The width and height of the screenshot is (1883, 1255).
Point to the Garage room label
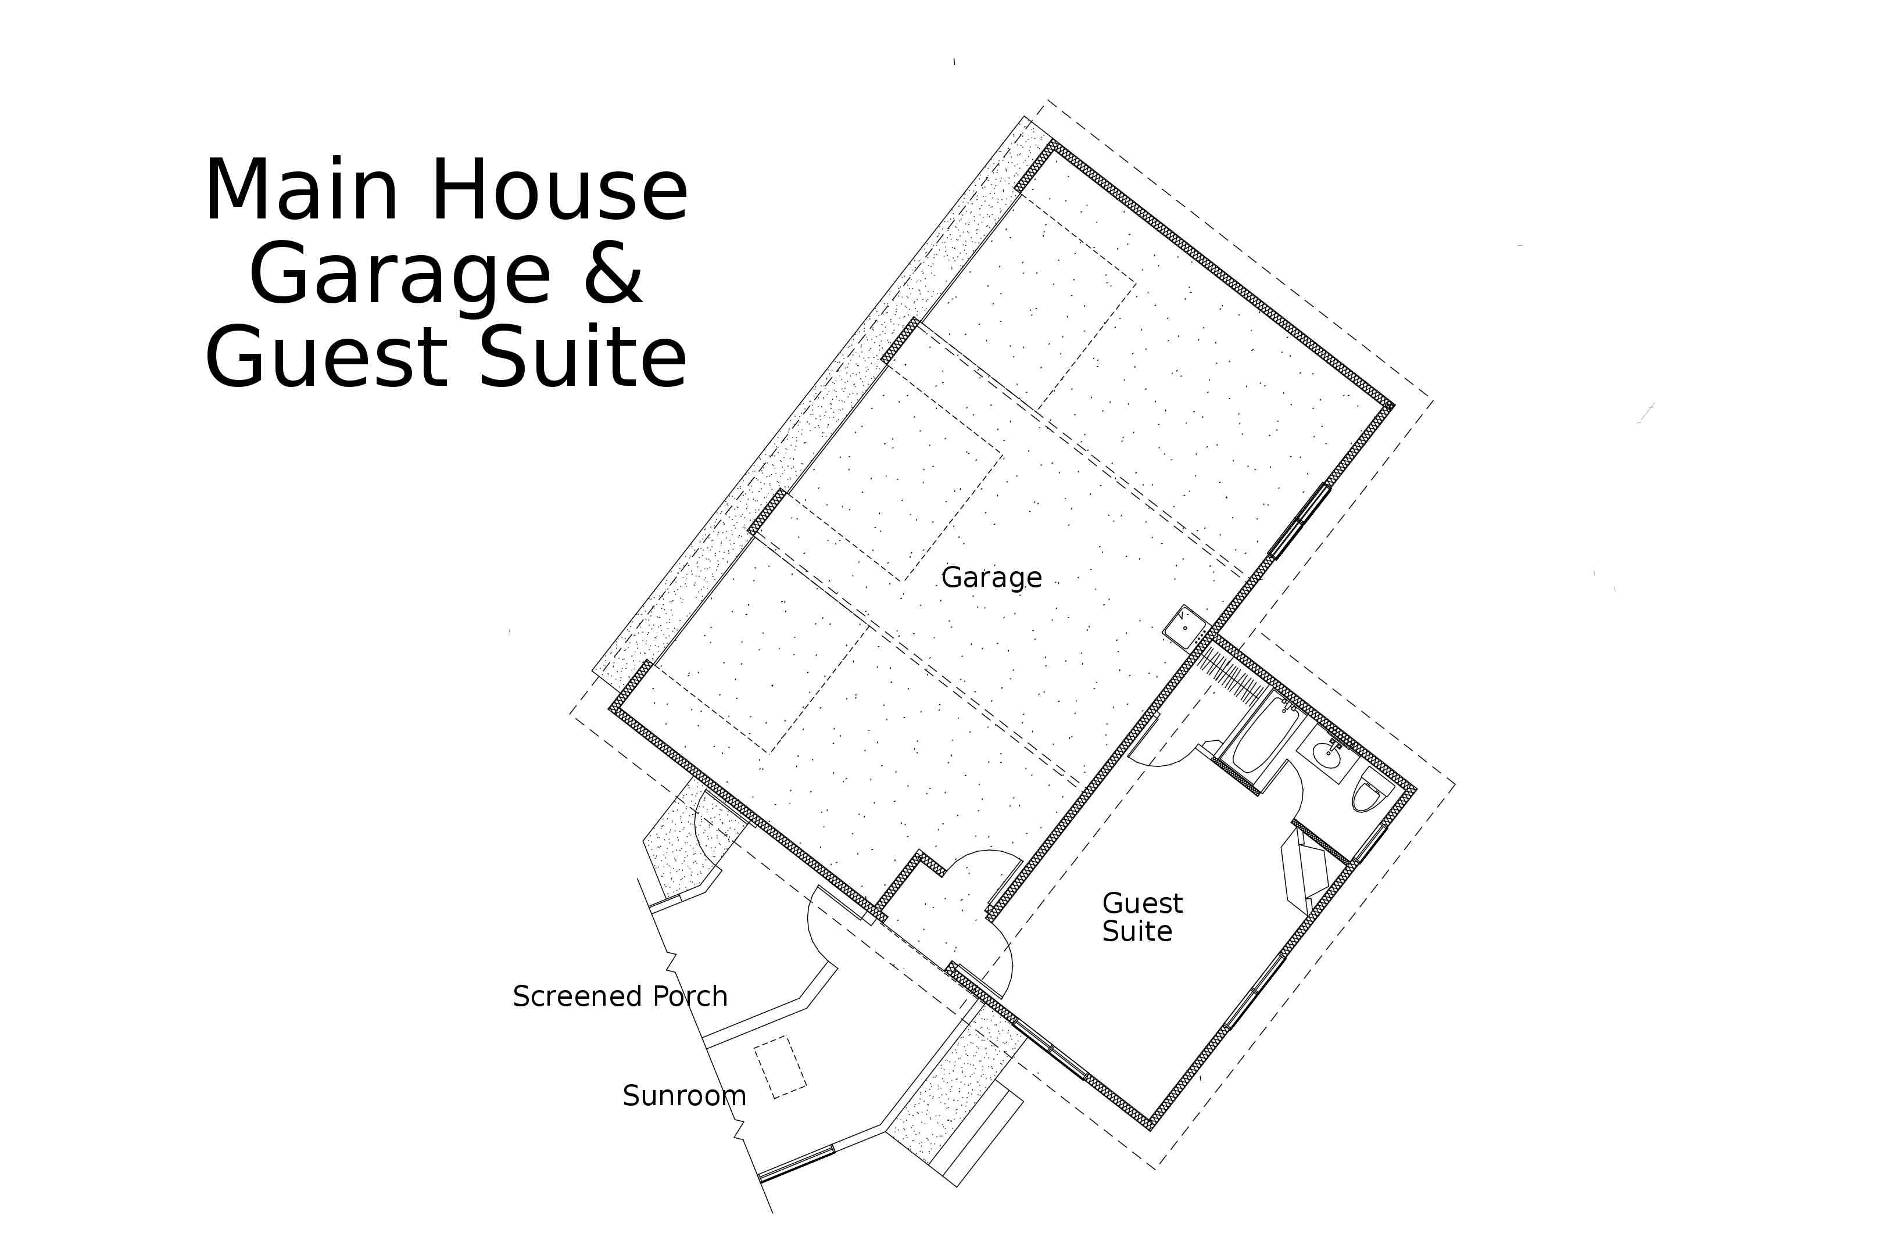pyautogui.click(x=991, y=577)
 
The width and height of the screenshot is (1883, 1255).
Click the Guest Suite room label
pyautogui.click(x=1141, y=917)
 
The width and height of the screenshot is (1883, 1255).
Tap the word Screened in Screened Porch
pyautogui.click(x=578, y=996)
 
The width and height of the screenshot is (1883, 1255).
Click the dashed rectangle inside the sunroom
pyautogui.click(x=781, y=1067)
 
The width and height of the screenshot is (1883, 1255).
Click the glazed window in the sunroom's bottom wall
pyautogui.click(x=797, y=1164)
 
